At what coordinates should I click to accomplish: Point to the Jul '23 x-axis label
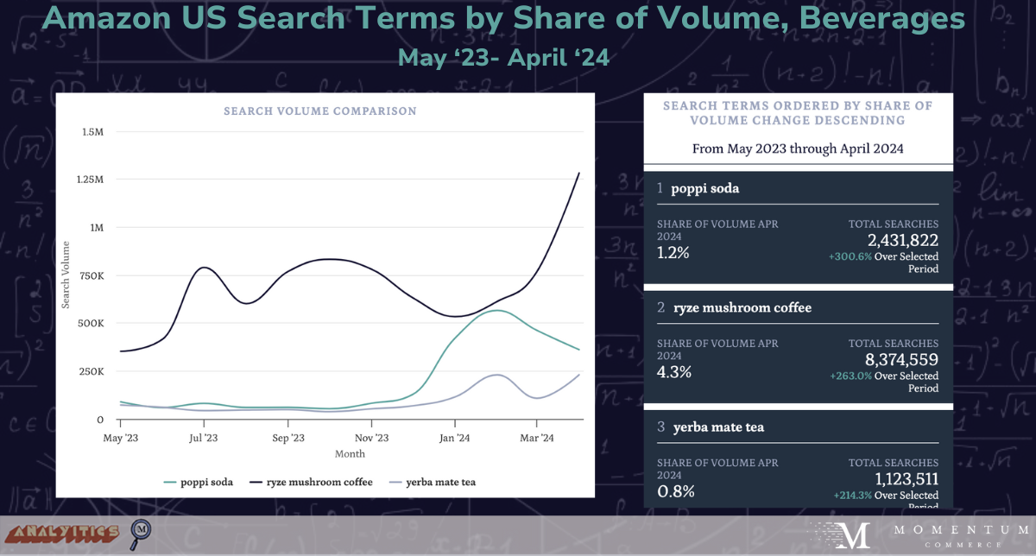(x=204, y=438)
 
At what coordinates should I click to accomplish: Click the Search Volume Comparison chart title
(x=319, y=111)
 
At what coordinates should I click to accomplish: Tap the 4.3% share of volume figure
(x=674, y=372)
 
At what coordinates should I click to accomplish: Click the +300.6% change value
(x=850, y=256)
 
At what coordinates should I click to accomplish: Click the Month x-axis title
(x=349, y=453)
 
